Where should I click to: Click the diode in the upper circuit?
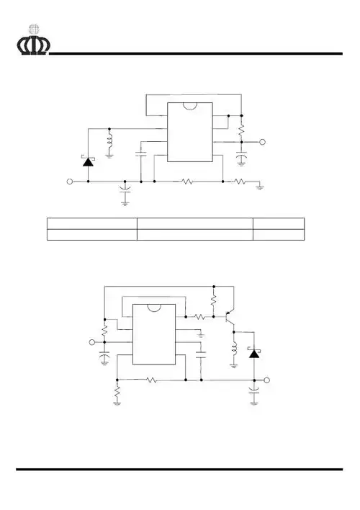tap(88, 162)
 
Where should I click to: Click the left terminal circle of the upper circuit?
tap(70, 182)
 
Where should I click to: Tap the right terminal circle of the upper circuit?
tap(263, 143)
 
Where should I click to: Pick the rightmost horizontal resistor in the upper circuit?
tap(240, 182)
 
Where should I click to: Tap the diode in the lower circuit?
tap(253, 353)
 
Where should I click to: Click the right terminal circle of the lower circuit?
tap(267, 380)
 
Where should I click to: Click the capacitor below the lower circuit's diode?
tap(253, 393)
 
